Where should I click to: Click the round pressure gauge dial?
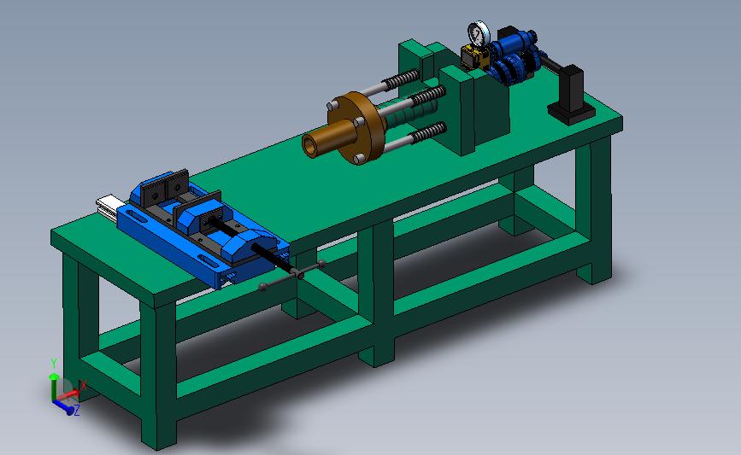479,33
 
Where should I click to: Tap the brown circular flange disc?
360,127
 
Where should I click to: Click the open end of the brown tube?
310,146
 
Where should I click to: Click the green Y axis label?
54,364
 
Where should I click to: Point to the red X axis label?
84,385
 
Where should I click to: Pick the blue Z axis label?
77,410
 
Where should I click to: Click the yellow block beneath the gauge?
474,57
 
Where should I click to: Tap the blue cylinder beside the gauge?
513,43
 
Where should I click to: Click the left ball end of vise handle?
263,287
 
